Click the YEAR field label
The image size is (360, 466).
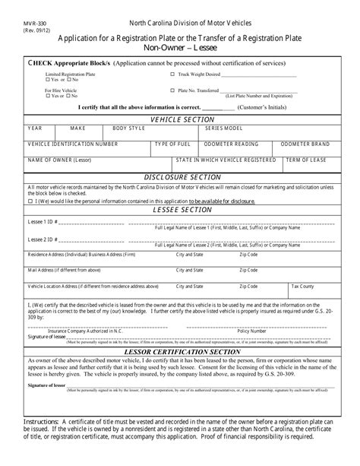click(36, 129)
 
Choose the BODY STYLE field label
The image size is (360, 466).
click(128, 129)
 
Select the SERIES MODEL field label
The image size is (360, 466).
click(223, 129)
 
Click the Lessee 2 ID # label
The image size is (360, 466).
click(42, 239)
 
